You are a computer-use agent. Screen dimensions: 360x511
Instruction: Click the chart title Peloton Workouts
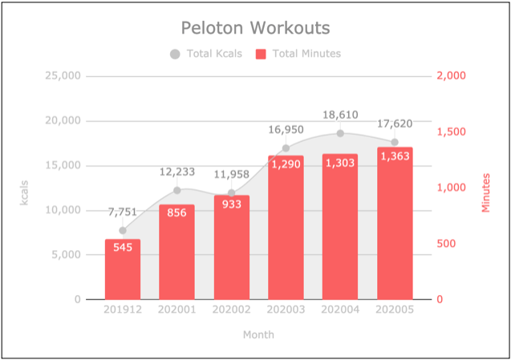pyautogui.click(x=255, y=28)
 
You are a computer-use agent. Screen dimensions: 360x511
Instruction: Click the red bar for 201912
pyautogui.click(x=123, y=269)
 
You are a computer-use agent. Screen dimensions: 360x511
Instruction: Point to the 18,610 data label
pyautogui.click(x=340, y=115)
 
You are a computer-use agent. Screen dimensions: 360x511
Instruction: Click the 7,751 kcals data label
pyautogui.click(x=123, y=212)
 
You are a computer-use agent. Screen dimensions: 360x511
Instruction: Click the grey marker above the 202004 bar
pyautogui.click(x=340, y=134)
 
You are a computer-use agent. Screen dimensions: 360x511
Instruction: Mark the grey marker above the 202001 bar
pyautogui.click(x=177, y=191)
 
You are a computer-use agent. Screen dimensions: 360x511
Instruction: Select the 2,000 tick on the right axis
pyautogui.click(x=452, y=76)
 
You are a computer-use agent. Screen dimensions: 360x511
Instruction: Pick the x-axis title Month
pyautogui.click(x=258, y=334)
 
